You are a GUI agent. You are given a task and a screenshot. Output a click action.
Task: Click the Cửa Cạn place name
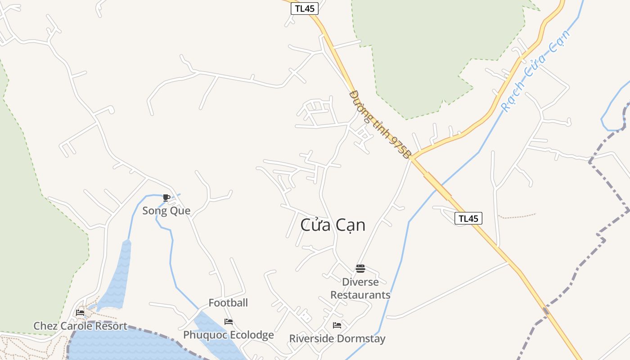click(x=333, y=225)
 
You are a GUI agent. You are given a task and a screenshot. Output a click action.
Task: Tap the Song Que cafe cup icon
click(x=166, y=198)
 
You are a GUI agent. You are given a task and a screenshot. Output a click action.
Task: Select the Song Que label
click(x=166, y=211)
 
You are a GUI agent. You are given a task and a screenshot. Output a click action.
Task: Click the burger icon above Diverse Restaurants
click(x=360, y=269)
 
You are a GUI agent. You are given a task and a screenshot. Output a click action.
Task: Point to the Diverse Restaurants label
click(x=360, y=288)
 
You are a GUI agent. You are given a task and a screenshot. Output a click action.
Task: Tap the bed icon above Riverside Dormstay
click(x=337, y=325)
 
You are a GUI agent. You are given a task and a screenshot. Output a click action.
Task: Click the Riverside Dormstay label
click(x=337, y=338)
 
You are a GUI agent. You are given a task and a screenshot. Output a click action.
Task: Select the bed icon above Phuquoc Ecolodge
click(x=229, y=322)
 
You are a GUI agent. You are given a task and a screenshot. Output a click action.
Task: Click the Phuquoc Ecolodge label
click(x=229, y=335)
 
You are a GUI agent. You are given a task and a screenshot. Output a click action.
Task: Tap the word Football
click(x=228, y=303)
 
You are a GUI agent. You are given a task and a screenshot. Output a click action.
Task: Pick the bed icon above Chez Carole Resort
click(x=80, y=312)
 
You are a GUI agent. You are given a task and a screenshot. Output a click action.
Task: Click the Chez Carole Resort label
click(x=80, y=326)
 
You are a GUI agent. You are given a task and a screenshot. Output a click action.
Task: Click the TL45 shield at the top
click(x=305, y=8)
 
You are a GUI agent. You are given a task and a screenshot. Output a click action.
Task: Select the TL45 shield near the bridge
click(x=468, y=219)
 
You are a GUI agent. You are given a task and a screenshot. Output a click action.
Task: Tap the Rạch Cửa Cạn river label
click(x=535, y=71)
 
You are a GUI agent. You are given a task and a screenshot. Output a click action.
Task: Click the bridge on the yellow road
click(x=437, y=186)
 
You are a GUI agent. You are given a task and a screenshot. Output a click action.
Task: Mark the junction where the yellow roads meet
click(x=411, y=157)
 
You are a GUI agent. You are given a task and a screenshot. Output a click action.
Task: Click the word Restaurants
click(x=360, y=295)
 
